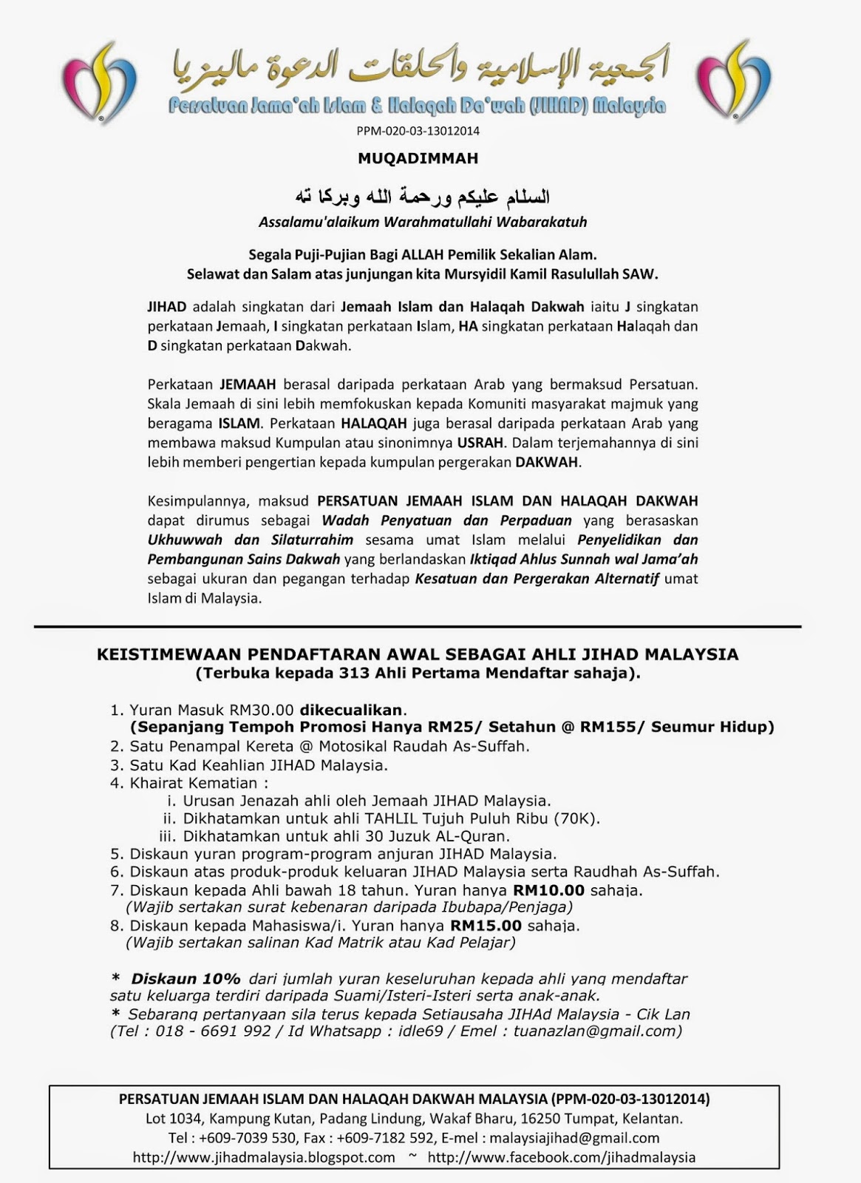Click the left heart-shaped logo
[x=99, y=81]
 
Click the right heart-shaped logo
[x=734, y=81]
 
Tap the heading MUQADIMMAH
[x=418, y=158]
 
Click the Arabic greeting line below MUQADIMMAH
[x=422, y=197]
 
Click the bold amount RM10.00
[x=548, y=890]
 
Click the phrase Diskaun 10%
[x=186, y=978]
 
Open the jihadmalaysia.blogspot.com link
[x=264, y=1157]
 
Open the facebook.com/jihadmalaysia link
[x=561, y=1157]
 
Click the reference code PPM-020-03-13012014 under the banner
[x=418, y=131]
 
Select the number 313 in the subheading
[x=353, y=673]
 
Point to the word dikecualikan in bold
[x=351, y=710]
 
